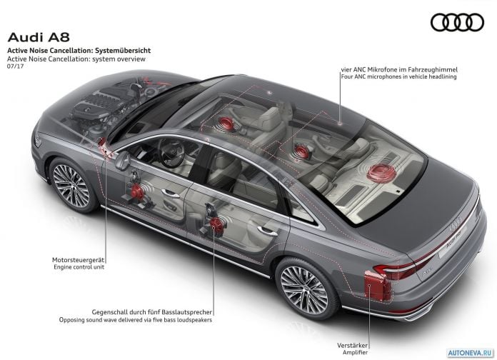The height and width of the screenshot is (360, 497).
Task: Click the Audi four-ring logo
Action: coord(457,22)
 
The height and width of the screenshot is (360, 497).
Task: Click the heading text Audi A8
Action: coord(39,37)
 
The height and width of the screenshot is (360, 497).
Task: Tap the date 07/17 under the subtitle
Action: coord(15,66)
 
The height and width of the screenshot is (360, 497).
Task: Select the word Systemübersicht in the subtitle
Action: coord(123,51)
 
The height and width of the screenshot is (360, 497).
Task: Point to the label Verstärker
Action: coord(352,345)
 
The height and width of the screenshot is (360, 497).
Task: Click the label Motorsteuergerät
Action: coord(78,260)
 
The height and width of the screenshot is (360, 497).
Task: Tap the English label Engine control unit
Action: coord(79,267)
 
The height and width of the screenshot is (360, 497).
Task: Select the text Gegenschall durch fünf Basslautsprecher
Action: coord(152,312)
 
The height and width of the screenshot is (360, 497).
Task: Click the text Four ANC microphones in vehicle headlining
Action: coord(398,76)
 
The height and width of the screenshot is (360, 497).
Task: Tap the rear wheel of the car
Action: coord(305,289)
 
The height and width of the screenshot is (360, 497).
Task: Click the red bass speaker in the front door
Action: coord(137,191)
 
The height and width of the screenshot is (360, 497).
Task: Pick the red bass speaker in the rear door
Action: coord(217,224)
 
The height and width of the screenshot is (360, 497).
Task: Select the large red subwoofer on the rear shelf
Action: coord(381,173)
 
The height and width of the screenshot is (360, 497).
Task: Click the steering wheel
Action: coord(171,153)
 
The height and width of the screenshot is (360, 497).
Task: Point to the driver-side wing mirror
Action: coord(123,160)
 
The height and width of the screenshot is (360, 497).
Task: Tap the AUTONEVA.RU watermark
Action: coord(471,352)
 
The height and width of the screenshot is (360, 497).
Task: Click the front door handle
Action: coord(170,193)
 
